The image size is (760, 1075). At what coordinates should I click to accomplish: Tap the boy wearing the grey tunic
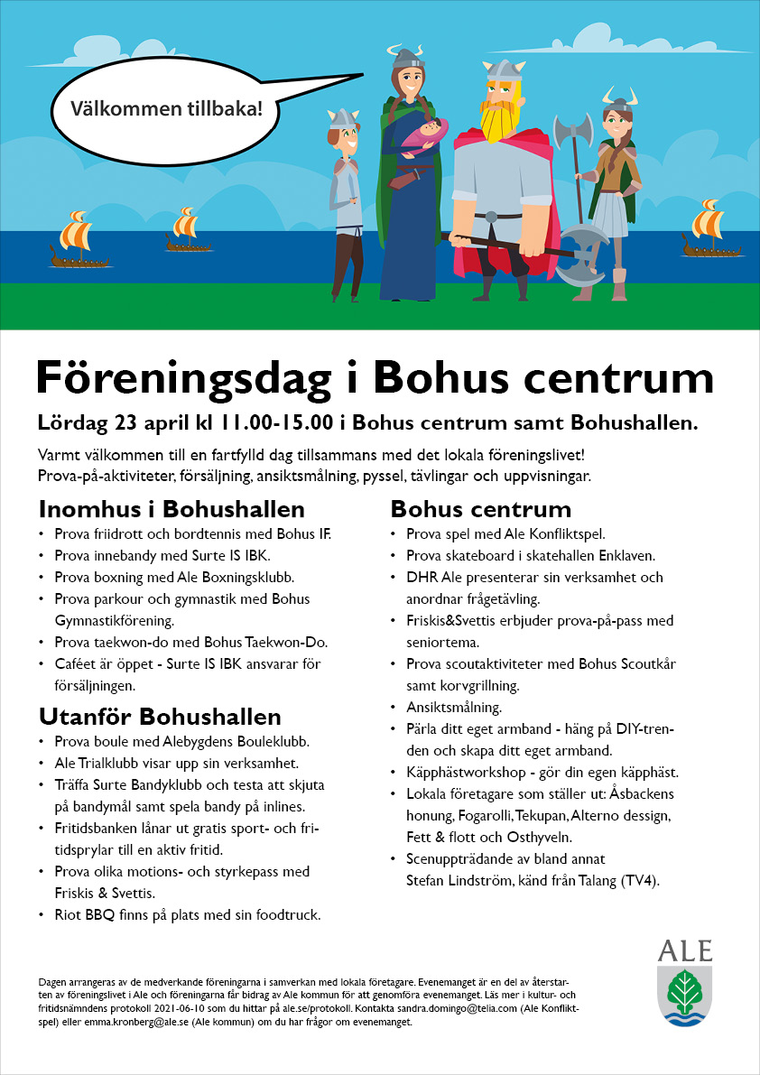coord(346,194)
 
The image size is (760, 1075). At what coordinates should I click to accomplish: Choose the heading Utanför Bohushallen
coord(160,718)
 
